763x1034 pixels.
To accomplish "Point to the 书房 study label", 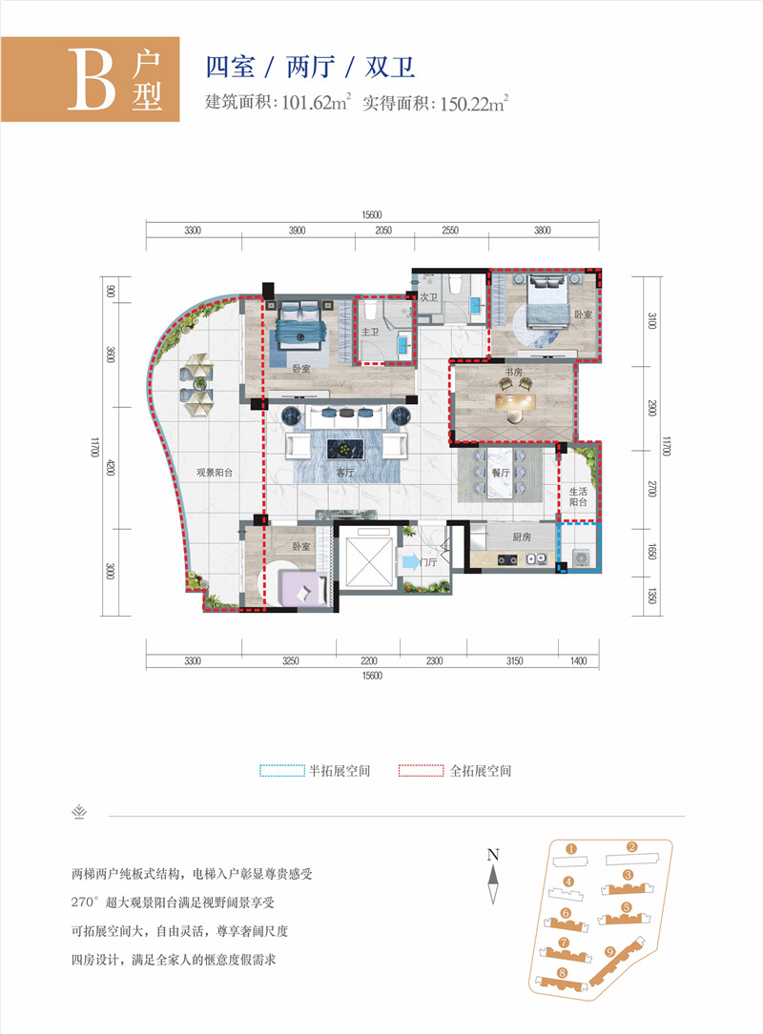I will point(516,373).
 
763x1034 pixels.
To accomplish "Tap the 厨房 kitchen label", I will point(521,537).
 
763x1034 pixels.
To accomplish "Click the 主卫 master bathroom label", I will point(371,332).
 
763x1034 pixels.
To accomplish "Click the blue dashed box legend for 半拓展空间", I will point(283,770).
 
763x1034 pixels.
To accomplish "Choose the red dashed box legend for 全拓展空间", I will point(422,770).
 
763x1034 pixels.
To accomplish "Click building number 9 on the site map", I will point(608,950).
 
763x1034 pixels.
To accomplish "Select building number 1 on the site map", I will point(569,847).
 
